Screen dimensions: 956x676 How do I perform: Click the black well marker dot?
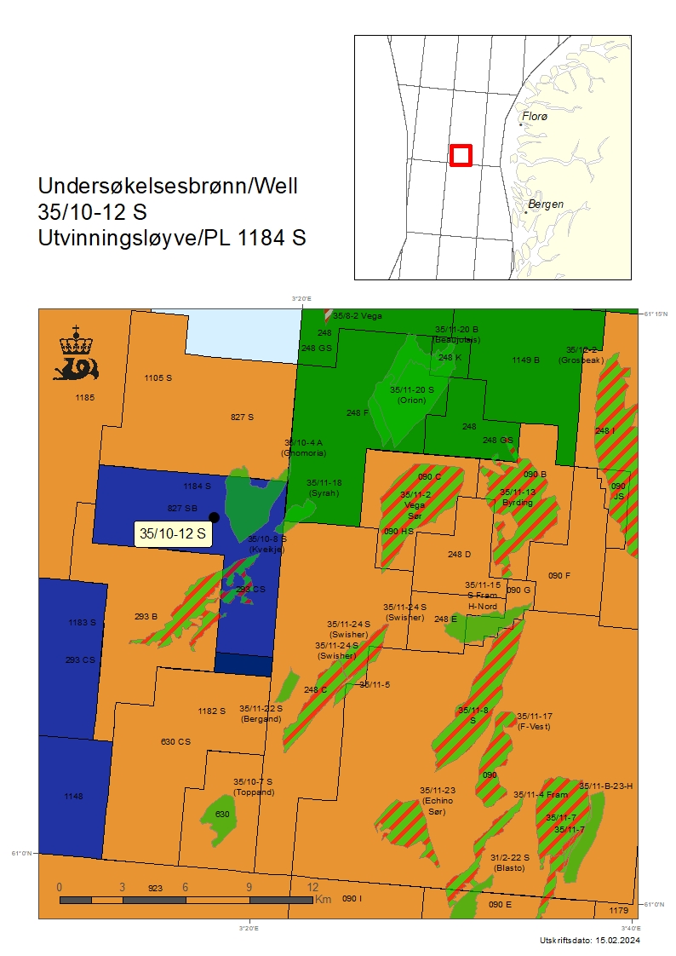pyautogui.click(x=214, y=517)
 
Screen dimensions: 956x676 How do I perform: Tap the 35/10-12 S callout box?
pyautogui.click(x=173, y=534)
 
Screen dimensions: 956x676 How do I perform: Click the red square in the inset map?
pyautogui.click(x=461, y=155)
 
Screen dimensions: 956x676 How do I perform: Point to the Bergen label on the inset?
pyautogui.click(x=545, y=204)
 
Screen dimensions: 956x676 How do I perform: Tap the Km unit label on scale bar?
pyautogui.click(x=324, y=899)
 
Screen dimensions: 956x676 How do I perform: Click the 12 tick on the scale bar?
pyautogui.click(x=312, y=887)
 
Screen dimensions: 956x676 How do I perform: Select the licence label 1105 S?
pyautogui.click(x=158, y=377)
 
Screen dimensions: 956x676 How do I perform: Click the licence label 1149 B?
pyautogui.click(x=525, y=360)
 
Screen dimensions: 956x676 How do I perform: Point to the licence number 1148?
pyautogui.click(x=73, y=796)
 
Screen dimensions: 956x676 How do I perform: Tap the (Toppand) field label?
pyautogui.click(x=254, y=792)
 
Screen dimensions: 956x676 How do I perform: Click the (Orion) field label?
pyautogui.click(x=412, y=400)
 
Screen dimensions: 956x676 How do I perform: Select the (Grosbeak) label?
pyautogui.click(x=581, y=360)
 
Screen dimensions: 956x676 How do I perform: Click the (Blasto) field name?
pyautogui.click(x=509, y=867)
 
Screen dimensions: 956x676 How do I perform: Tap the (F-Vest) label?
pyautogui.click(x=534, y=726)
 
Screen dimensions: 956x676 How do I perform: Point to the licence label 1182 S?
pyautogui.click(x=211, y=711)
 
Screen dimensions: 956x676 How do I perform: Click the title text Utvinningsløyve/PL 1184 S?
pyautogui.click(x=172, y=239)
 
